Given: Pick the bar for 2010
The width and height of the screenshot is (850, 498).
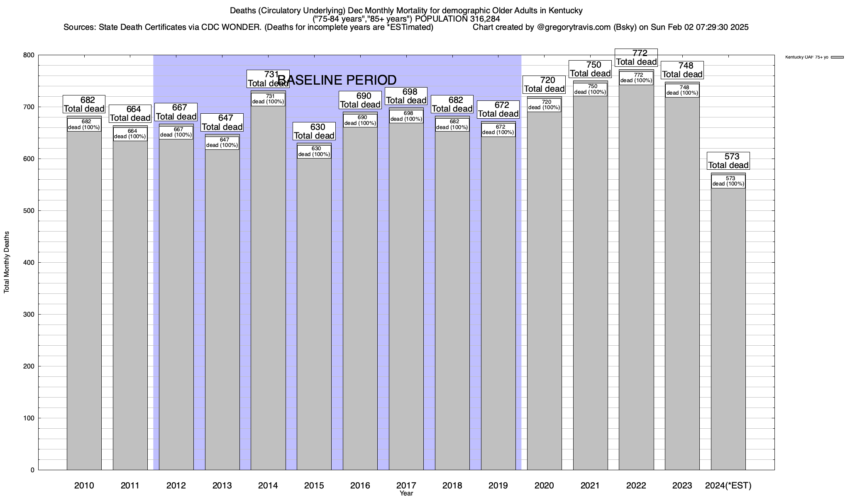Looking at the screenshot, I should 84,299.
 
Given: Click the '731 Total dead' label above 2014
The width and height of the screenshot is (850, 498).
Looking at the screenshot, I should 268,79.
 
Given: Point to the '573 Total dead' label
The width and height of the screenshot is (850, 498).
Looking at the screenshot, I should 728,161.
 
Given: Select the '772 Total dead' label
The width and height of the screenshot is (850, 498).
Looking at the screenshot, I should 636,57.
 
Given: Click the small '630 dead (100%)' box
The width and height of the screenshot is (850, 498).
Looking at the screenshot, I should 314,151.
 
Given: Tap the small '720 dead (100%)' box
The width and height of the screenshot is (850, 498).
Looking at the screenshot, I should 544,105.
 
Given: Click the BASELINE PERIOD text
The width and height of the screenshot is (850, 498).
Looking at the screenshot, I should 337,80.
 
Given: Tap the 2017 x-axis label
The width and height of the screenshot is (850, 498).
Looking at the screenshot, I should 406,485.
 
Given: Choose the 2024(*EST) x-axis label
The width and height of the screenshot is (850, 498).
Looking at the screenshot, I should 728,485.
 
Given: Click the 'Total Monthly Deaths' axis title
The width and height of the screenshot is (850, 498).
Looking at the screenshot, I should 7,262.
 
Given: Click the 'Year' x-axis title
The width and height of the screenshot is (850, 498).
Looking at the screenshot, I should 406,493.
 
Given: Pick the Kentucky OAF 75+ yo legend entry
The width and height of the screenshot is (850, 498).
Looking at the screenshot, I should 813,57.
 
